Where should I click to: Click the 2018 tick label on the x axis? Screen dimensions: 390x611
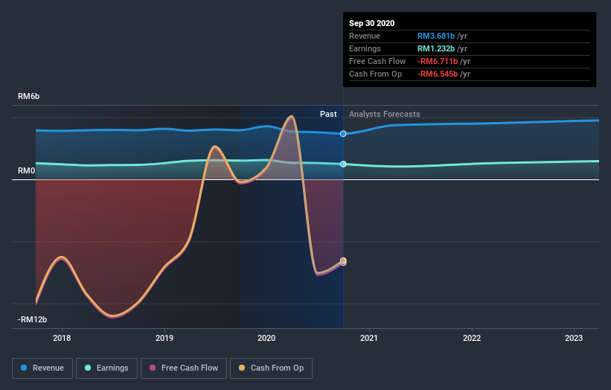click(x=62, y=338)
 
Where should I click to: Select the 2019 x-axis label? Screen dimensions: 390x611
click(x=164, y=338)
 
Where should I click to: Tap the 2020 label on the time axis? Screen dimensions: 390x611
click(x=266, y=338)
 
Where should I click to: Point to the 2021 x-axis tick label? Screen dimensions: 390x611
click(x=369, y=338)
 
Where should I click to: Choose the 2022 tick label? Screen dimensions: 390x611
click(x=472, y=338)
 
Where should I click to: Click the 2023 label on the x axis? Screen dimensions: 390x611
click(x=574, y=338)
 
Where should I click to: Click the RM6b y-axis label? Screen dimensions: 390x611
click(x=29, y=97)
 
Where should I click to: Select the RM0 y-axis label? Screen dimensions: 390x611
click(x=26, y=171)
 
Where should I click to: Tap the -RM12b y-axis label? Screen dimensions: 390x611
click(x=33, y=319)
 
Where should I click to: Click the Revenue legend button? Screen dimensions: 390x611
click(x=43, y=368)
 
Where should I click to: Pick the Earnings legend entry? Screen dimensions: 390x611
click(x=106, y=368)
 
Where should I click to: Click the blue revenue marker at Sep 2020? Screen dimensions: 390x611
click(x=343, y=134)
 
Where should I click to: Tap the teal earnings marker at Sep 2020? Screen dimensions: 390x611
click(x=343, y=164)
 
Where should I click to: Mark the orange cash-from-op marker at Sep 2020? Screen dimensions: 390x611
click(x=343, y=260)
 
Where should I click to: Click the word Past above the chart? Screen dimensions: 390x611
click(x=328, y=114)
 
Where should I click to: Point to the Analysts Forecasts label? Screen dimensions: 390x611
click(x=384, y=114)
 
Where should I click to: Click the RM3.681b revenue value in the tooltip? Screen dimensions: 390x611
click(x=435, y=36)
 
